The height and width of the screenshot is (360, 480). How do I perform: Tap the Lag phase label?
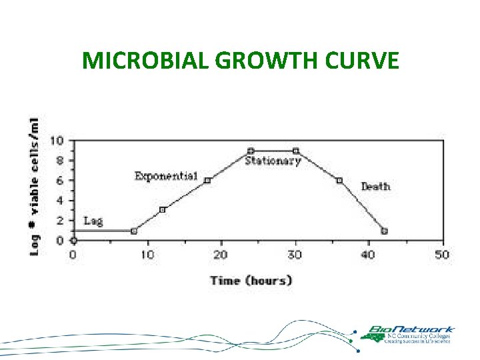point(93,221)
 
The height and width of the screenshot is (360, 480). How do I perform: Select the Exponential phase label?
point(166,176)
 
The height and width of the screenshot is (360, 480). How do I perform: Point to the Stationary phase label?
point(273,161)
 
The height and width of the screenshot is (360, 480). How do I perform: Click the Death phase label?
point(375,186)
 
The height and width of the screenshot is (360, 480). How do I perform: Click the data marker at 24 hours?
point(251,151)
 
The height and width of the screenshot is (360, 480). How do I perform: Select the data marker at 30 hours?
point(296,151)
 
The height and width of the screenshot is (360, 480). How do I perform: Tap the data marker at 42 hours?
point(384,231)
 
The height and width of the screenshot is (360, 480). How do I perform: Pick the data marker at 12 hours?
point(162,210)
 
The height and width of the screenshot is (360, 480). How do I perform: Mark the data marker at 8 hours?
point(134,231)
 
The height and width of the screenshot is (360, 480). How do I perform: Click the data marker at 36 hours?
point(339,181)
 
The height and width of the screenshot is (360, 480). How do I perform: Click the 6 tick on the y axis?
point(60,181)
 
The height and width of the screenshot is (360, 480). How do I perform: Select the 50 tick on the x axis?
point(441,255)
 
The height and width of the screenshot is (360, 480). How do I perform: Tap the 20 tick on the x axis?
point(221,255)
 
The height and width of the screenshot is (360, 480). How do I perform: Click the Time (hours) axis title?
point(251,281)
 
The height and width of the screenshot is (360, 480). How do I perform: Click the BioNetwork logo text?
point(411,329)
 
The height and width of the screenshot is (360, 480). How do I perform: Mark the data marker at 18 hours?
point(207,181)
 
